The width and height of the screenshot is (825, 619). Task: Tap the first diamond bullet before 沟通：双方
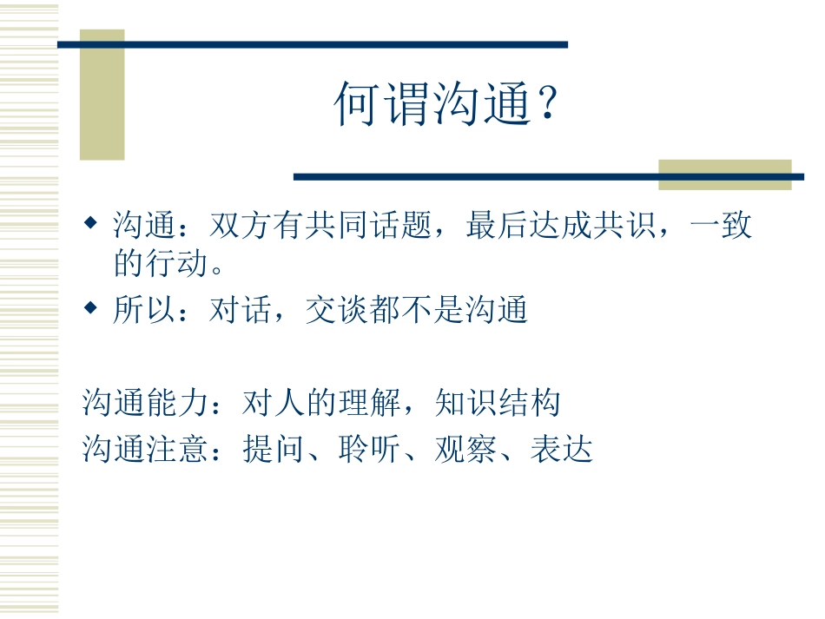[x=90, y=225]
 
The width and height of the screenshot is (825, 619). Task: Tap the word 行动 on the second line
[x=177, y=263]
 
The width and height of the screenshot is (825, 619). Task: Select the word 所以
[x=138, y=310]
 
